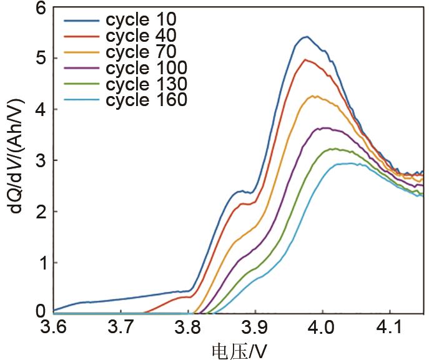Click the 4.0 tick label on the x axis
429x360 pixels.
[x=322, y=328]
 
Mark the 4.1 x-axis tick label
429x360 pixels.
[x=390, y=328]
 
